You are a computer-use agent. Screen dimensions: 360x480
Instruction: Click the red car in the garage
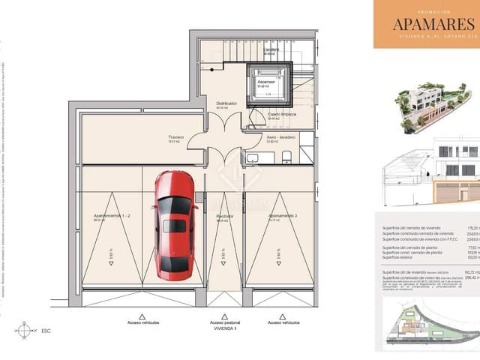coord(174,225)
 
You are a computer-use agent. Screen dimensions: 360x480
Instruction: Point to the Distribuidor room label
coord(227,103)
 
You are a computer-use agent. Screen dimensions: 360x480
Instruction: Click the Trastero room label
coord(176,137)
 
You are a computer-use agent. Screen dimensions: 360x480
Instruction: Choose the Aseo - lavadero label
coord(280,137)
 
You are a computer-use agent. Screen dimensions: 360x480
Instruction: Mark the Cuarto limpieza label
coord(282,114)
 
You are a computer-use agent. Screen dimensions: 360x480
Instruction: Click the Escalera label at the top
coord(271,49)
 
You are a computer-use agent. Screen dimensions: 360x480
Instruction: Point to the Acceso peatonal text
coord(225,323)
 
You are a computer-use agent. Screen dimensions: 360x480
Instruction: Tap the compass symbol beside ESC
coord(25,329)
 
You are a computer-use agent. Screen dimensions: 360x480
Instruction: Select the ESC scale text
coord(46,330)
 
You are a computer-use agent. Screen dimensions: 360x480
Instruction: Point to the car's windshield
coord(174,205)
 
